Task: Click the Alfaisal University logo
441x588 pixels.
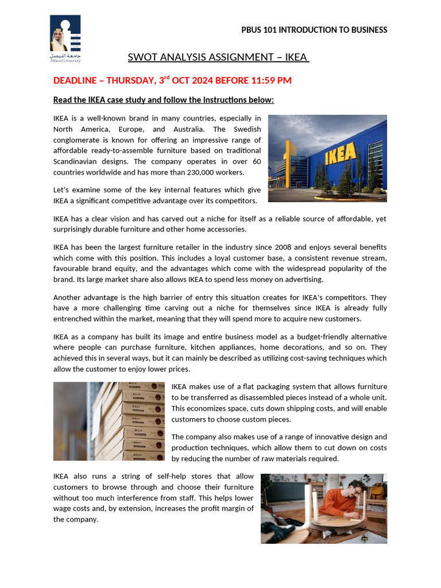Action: (65, 38)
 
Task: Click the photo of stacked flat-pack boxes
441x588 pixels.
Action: (109, 421)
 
